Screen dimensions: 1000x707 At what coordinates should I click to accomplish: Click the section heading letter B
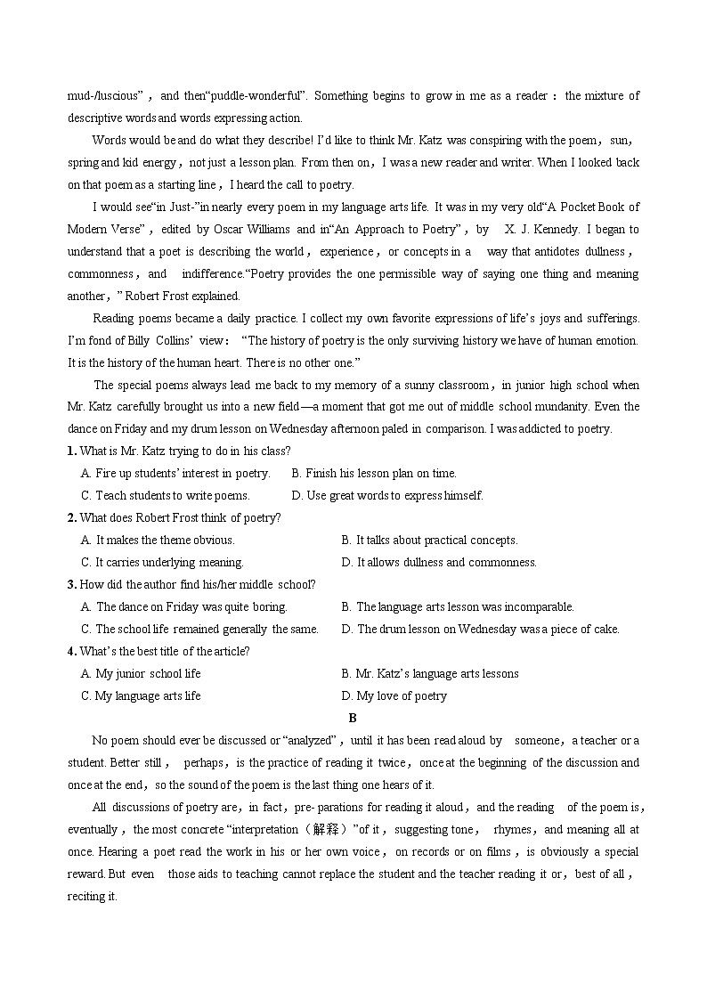pyautogui.click(x=353, y=718)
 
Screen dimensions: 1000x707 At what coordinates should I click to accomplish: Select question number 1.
pyautogui.click(x=71, y=451)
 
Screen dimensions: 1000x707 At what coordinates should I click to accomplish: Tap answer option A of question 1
pyautogui.click(x=175, y=474)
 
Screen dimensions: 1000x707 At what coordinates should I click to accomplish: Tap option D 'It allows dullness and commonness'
pyautogui.click(x=439, y=563)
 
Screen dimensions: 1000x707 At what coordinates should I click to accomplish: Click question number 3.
pyautogui.click(x=71, y=585)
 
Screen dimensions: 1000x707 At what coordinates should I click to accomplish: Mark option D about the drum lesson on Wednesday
pyautogui.click(x=481, y=630)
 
